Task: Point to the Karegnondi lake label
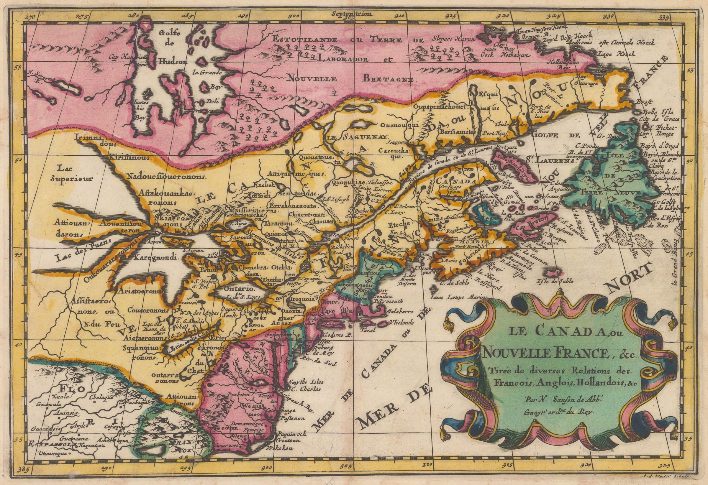pos(156,257)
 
